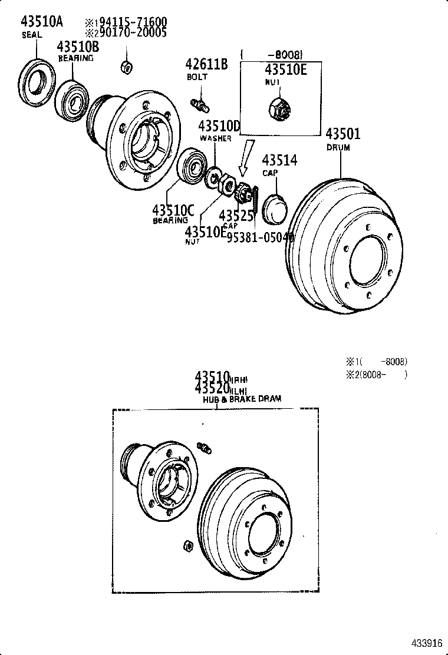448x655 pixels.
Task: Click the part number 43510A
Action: pyautogui.click(x=42, y=22)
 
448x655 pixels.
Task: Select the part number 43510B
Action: pyautogui.click(x=78, y=47)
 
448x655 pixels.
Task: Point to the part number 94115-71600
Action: pyautogui.click(x=130, y=22)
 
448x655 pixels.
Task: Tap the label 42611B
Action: pyautogui.click(x=206, y=64)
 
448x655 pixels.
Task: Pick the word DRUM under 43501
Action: pyautogui.click(x=338, y=148)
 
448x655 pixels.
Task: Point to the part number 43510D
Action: pyautogui.click(x=219, y=126)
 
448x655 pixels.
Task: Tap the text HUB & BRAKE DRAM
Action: pyautogui.click(x=242, y=399)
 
